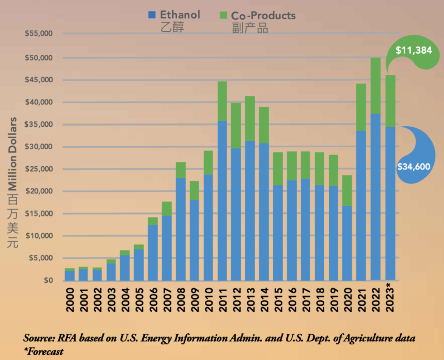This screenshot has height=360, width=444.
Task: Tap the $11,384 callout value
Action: tap(413, 51)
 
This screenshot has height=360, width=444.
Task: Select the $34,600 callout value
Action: tap(414, 167)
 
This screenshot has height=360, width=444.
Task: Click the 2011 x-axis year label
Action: tap(222, 297)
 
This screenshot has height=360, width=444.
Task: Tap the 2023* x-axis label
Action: tap(390, 298)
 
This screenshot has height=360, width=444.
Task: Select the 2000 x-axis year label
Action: tap(70, 297)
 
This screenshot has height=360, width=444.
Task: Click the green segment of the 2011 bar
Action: tap(222, 101)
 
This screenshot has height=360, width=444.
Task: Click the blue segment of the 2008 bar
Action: tap(180, 229)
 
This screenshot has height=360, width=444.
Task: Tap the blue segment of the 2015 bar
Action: tap(278, 232)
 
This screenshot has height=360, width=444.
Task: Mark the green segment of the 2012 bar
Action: tap(236, 125)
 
